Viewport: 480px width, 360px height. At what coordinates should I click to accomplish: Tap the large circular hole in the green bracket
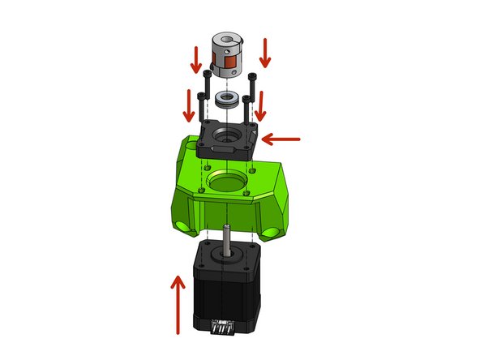[x=228, y=179]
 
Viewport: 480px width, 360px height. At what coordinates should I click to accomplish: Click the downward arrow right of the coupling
[x=264, y=53]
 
